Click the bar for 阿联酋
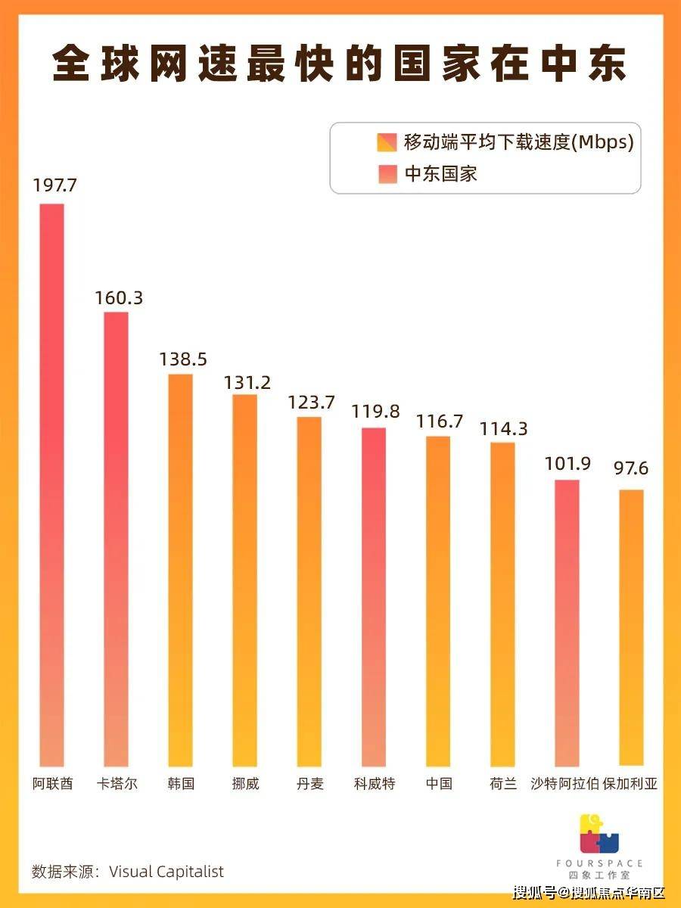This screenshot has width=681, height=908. (52, 484)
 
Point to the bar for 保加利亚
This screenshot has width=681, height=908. (631, 627)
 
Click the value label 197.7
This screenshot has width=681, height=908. (54, 185)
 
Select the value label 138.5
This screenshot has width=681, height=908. (183, 359)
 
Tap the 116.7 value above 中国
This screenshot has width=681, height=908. (440, 421)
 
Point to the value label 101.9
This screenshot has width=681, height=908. (568, 463)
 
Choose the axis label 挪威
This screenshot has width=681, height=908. (245, 784)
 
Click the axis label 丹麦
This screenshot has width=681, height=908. (309, 784)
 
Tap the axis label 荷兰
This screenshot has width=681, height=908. (503, 784)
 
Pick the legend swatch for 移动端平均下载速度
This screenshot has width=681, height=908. (386, 141)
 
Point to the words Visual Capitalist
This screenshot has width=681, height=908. (166, 872)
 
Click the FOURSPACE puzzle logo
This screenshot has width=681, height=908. (599, 834)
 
